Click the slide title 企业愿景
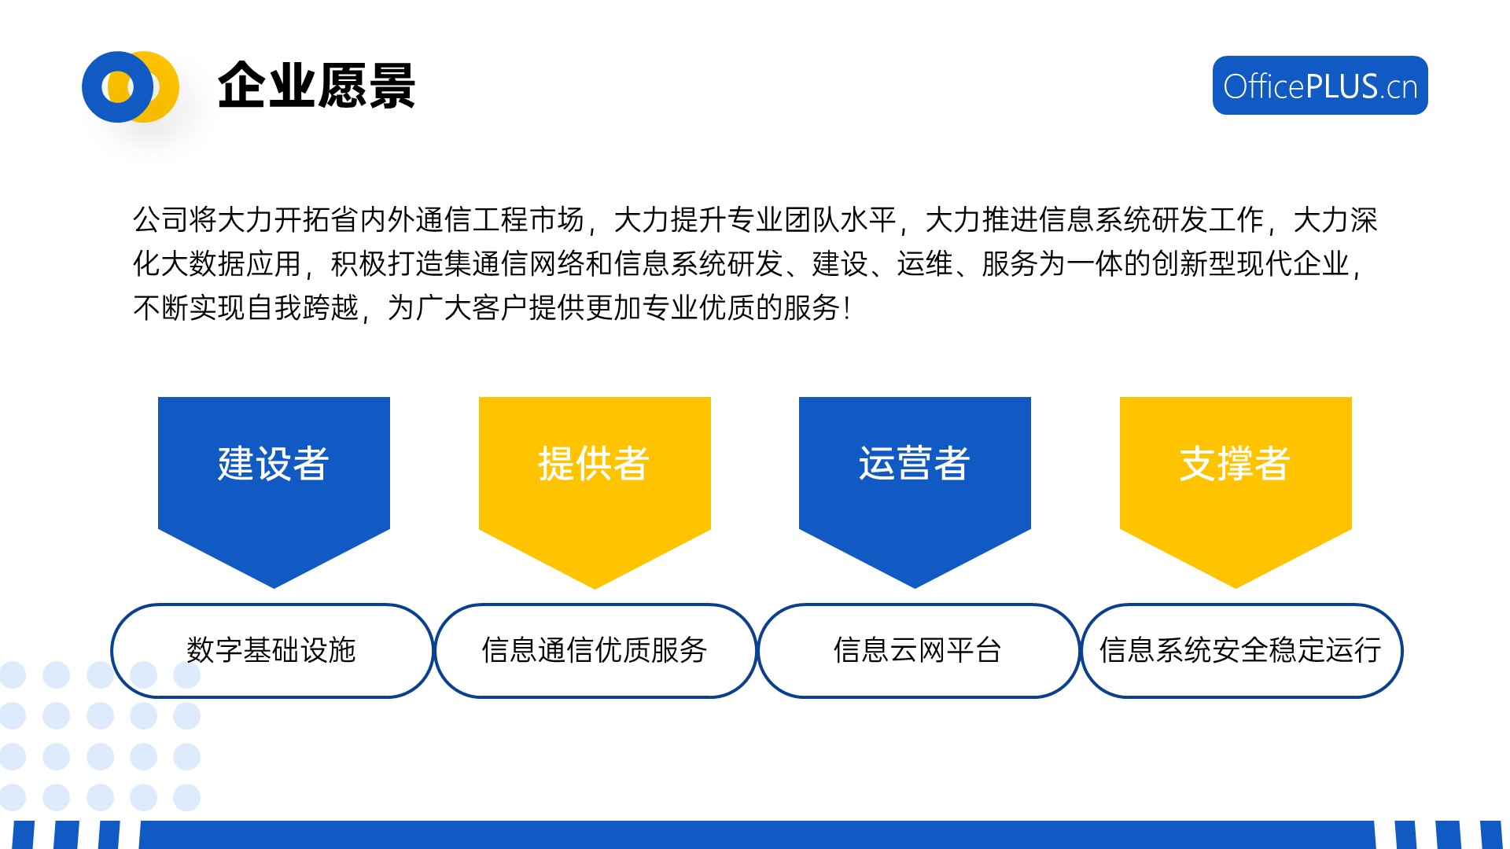point(316,86)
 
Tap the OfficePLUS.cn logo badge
point(1320,86)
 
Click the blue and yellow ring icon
point(131,86)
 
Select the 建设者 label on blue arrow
point(273,463)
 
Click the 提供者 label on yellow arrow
point(594,463)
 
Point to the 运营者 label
point(914,463)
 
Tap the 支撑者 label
point(1235,463)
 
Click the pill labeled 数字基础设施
point(272,651)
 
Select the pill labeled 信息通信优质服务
point(595,651)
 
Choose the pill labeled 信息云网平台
point(919,651)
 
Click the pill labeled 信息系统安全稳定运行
point(1242,651)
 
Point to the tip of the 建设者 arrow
point(274,587)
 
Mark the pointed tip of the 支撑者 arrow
point(1236,587)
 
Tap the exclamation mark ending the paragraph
point(846,308)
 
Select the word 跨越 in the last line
point(331,308)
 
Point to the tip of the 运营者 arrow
point(915,587)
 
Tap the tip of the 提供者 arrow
point(595,587)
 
